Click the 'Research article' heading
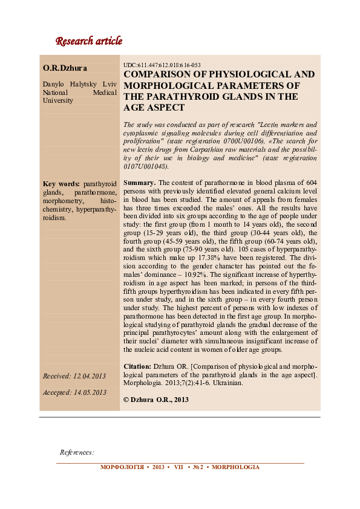[x=88, y=42]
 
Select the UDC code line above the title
[x=162, y=65]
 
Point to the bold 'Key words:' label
[x=61, y=183]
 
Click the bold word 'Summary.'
[x=140, y=182]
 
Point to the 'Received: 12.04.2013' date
[x=74, y=376]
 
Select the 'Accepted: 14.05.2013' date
[x=74, y=392]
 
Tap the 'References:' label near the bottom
[x=77, y=452]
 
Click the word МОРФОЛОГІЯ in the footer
[x=121, y=467]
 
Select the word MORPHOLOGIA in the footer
[x=235, y=467]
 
